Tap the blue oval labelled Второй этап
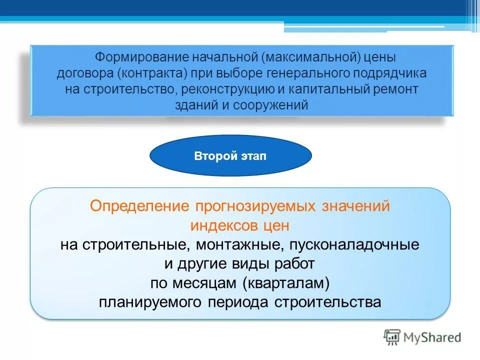(230, 156)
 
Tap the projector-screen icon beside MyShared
(392, 337)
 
